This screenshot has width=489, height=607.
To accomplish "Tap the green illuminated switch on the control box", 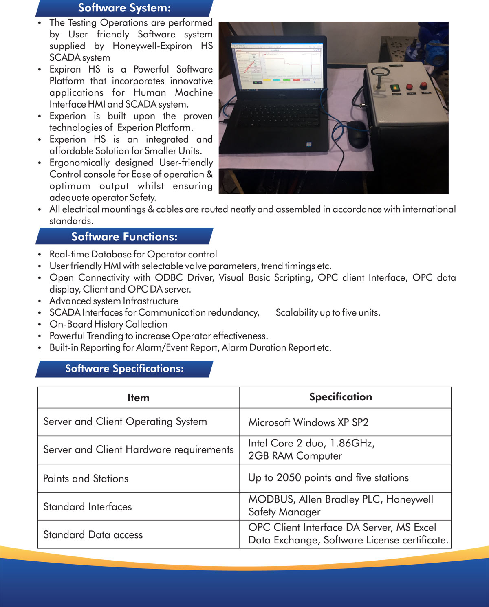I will coord(394,88).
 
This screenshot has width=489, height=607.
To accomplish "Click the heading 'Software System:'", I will coord(124,8).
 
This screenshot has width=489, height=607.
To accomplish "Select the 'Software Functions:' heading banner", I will coord(124,237).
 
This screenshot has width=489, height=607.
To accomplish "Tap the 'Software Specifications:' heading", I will coord(124,369).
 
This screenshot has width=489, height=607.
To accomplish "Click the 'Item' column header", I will coord(138,398).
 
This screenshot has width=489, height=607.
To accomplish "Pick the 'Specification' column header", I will coord(340,397).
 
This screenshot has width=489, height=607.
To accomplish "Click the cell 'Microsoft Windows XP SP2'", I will coord(308,422).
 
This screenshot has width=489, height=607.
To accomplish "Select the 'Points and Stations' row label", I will coord(86,479).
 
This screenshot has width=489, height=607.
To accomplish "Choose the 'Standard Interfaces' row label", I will coord(88,507).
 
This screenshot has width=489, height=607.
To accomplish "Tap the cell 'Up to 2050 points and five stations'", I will coord(328,478).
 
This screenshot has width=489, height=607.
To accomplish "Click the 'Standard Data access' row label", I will coord(93,535).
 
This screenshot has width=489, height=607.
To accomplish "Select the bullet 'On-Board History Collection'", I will coord(108,324).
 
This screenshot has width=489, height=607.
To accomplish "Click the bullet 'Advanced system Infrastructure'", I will coord(114,301).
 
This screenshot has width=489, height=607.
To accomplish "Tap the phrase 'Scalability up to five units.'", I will coord(328,313).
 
